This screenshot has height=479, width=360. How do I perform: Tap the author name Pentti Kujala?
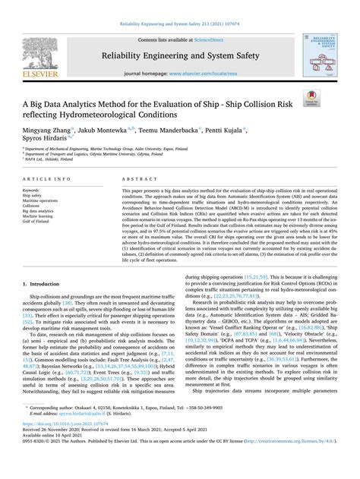coord(244,130)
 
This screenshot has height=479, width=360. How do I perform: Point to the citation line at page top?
coord(180,23)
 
